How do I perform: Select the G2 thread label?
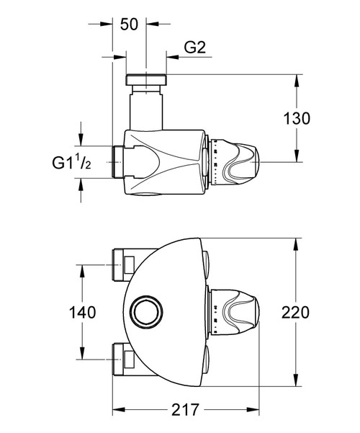point(196,49)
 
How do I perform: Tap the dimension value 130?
point(296,117)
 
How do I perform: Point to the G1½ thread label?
point(71,162)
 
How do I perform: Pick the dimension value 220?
point(296,313)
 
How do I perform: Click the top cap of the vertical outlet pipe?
point(146,79)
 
